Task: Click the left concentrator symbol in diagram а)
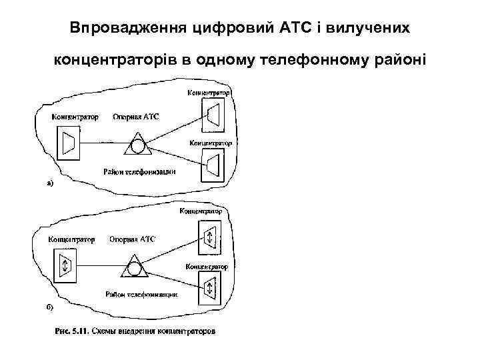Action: pos(67,143)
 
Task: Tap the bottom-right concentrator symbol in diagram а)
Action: pos(213,164)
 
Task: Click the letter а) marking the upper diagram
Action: pos(50,181)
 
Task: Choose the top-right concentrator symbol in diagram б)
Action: pos(209,237)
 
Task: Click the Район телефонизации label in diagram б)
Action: pos(139,294)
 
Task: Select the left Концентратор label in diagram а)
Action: pos(75,117)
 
